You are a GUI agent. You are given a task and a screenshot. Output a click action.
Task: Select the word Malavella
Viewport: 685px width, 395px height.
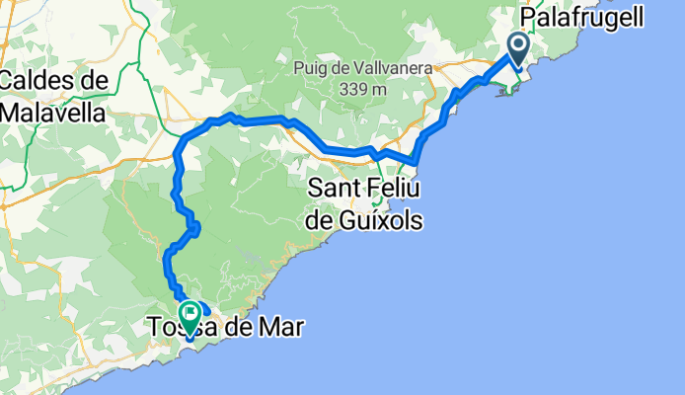click(52, 112)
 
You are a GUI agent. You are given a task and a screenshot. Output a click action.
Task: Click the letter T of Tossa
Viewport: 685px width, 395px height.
click(154, 326)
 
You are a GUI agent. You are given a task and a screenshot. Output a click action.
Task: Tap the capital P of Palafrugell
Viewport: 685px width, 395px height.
click(529, 16)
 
